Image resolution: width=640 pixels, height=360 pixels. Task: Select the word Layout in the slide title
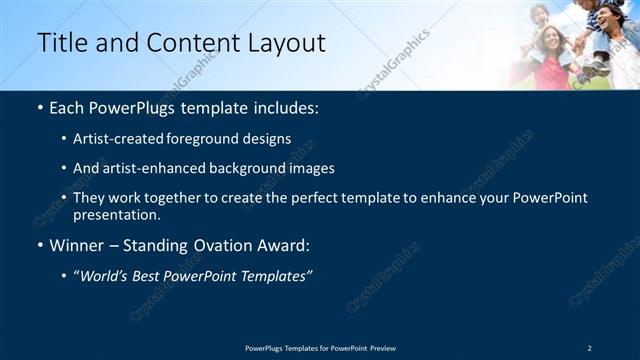288,43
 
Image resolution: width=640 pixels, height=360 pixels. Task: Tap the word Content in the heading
191,43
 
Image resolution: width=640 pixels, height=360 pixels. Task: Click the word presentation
117,214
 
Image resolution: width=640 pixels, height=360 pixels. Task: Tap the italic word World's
101,276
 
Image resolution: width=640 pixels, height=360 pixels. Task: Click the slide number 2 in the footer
589,348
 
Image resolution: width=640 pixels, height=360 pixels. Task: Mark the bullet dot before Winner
40,245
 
